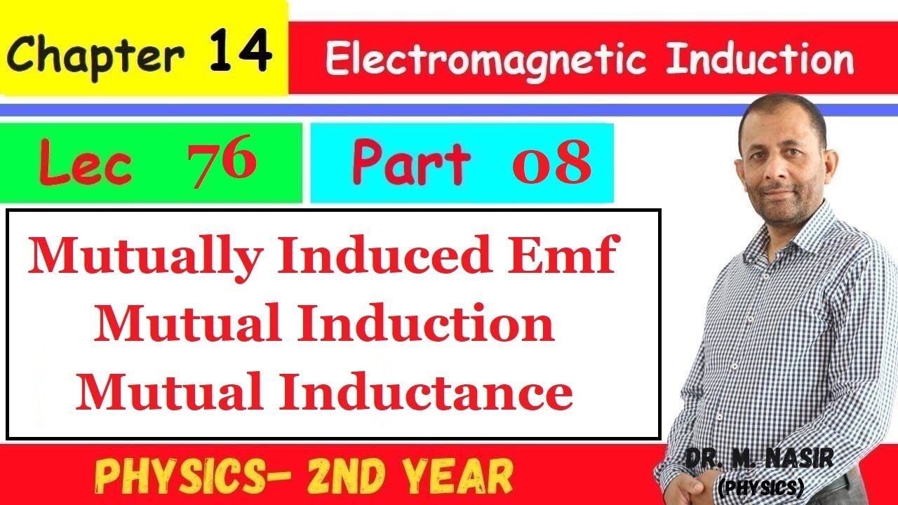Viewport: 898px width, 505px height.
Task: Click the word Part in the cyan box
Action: (x=411, y=163)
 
